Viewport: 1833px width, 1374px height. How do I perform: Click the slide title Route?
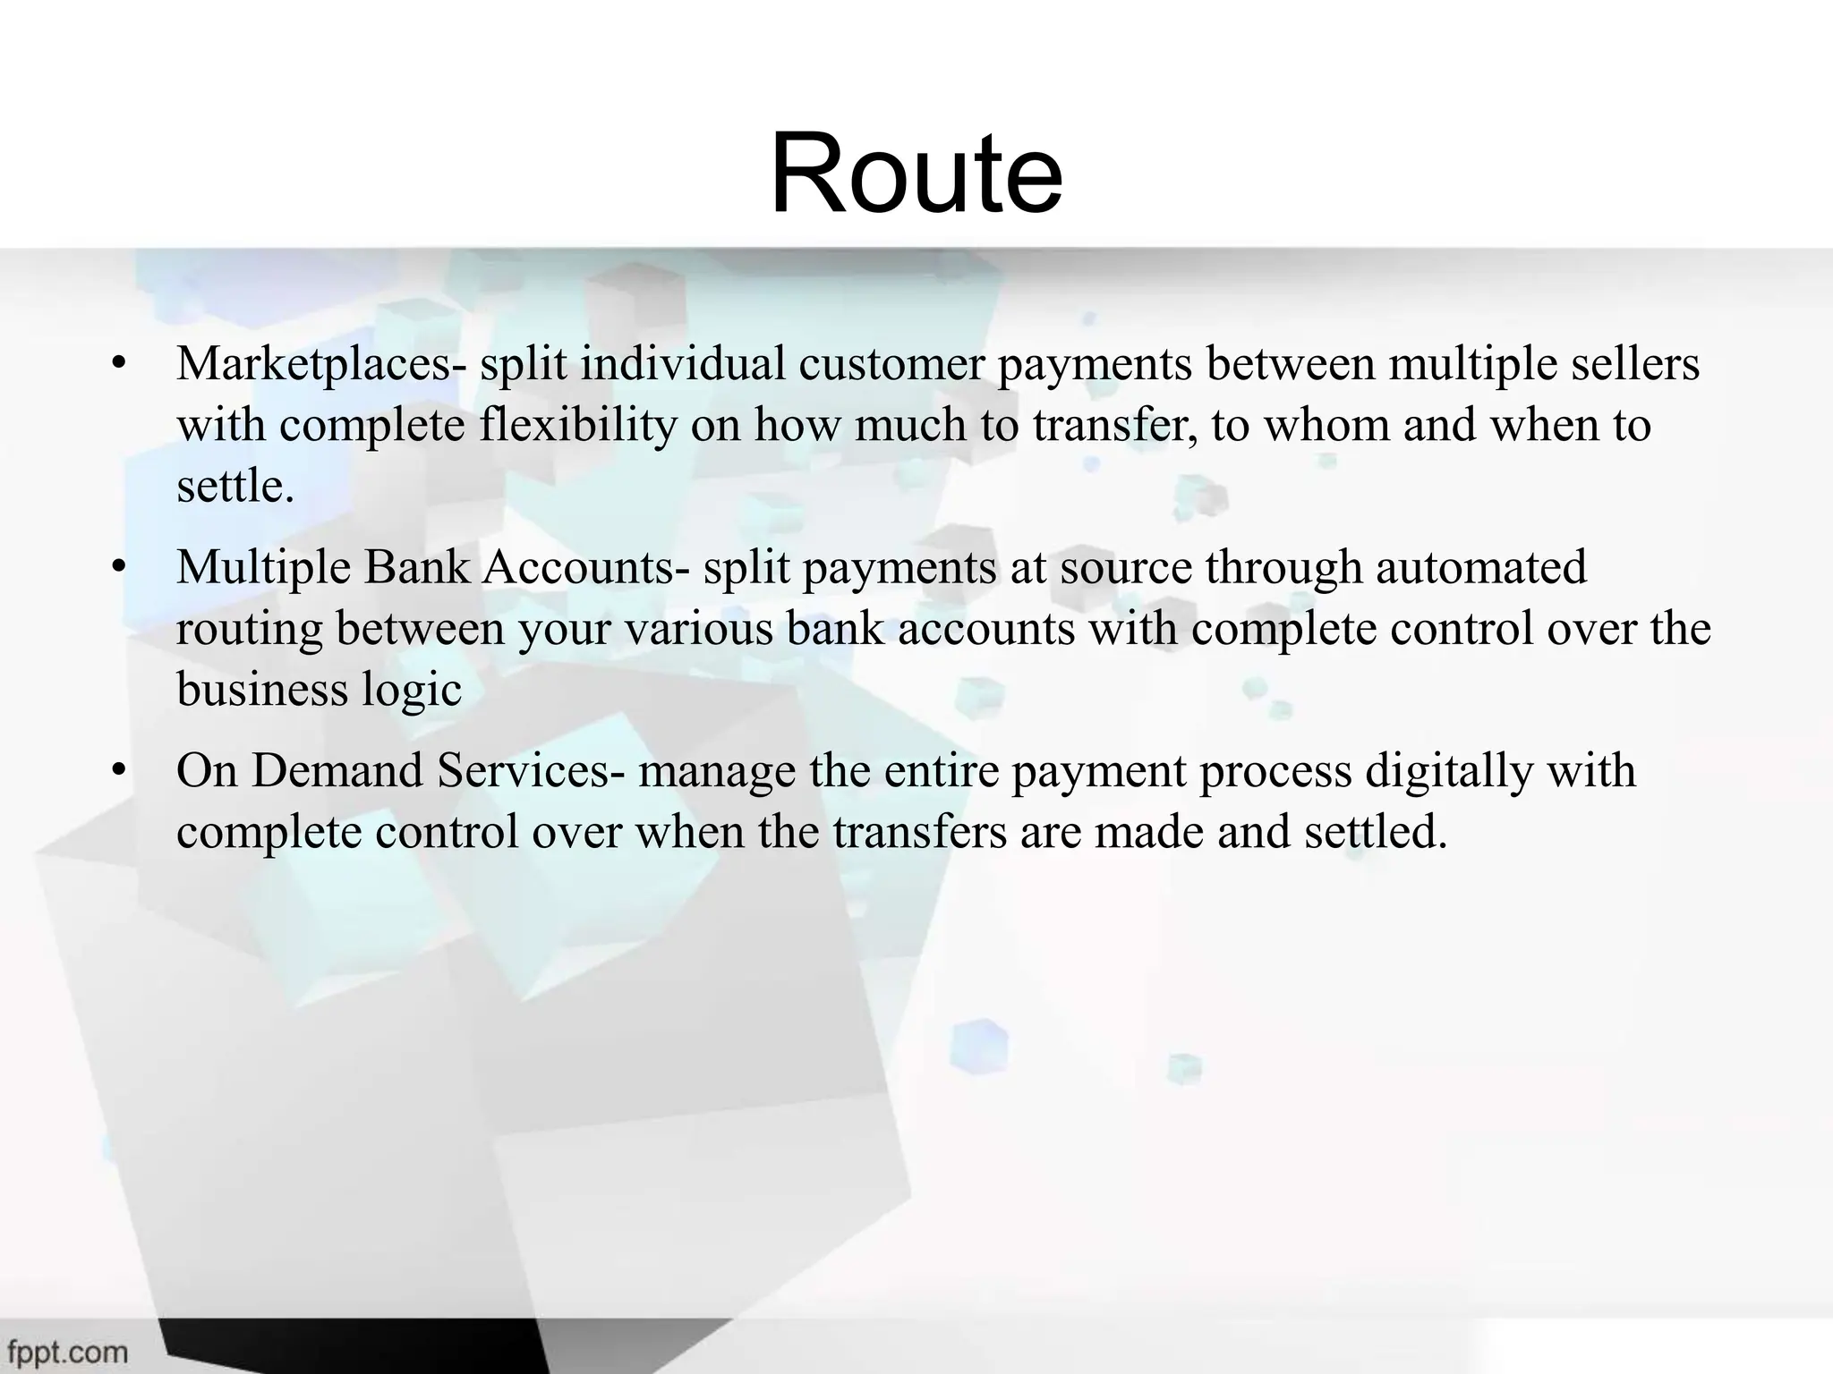tap(916, 174)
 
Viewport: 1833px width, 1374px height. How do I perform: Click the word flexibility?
tap(578, 425)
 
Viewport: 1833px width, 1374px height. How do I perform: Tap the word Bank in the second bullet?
tap(416, 567)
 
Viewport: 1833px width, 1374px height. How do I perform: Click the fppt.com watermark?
tap(68, 1352)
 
